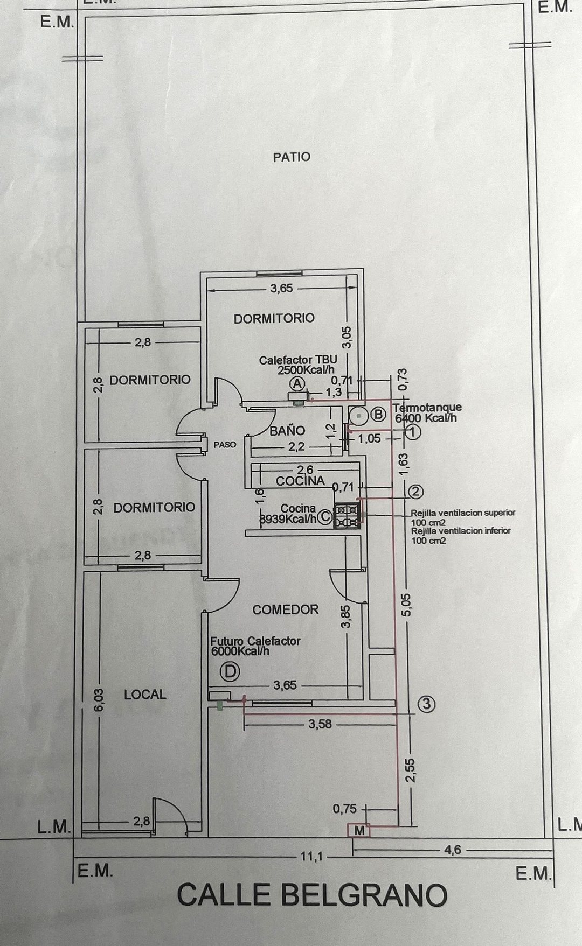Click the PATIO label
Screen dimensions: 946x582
(x=292, y=157)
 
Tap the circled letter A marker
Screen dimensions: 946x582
(x=297, y=383)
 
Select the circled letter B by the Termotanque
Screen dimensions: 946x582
(x=379, y=414)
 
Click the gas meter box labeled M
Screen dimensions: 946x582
(x=359, y=831)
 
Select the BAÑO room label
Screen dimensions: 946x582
(x=287, y=431)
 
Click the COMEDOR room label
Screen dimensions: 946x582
(x=286, y=609)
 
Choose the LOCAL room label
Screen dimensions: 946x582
(x=145, y=695)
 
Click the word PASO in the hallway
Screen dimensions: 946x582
(x=225, y=445)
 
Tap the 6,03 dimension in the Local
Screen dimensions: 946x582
(x=98, y=700)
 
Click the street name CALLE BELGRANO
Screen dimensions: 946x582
(x=312, y=895)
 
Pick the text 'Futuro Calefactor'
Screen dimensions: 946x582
(x=255, y=641)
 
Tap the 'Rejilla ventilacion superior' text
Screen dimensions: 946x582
(x=463, y=513)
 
